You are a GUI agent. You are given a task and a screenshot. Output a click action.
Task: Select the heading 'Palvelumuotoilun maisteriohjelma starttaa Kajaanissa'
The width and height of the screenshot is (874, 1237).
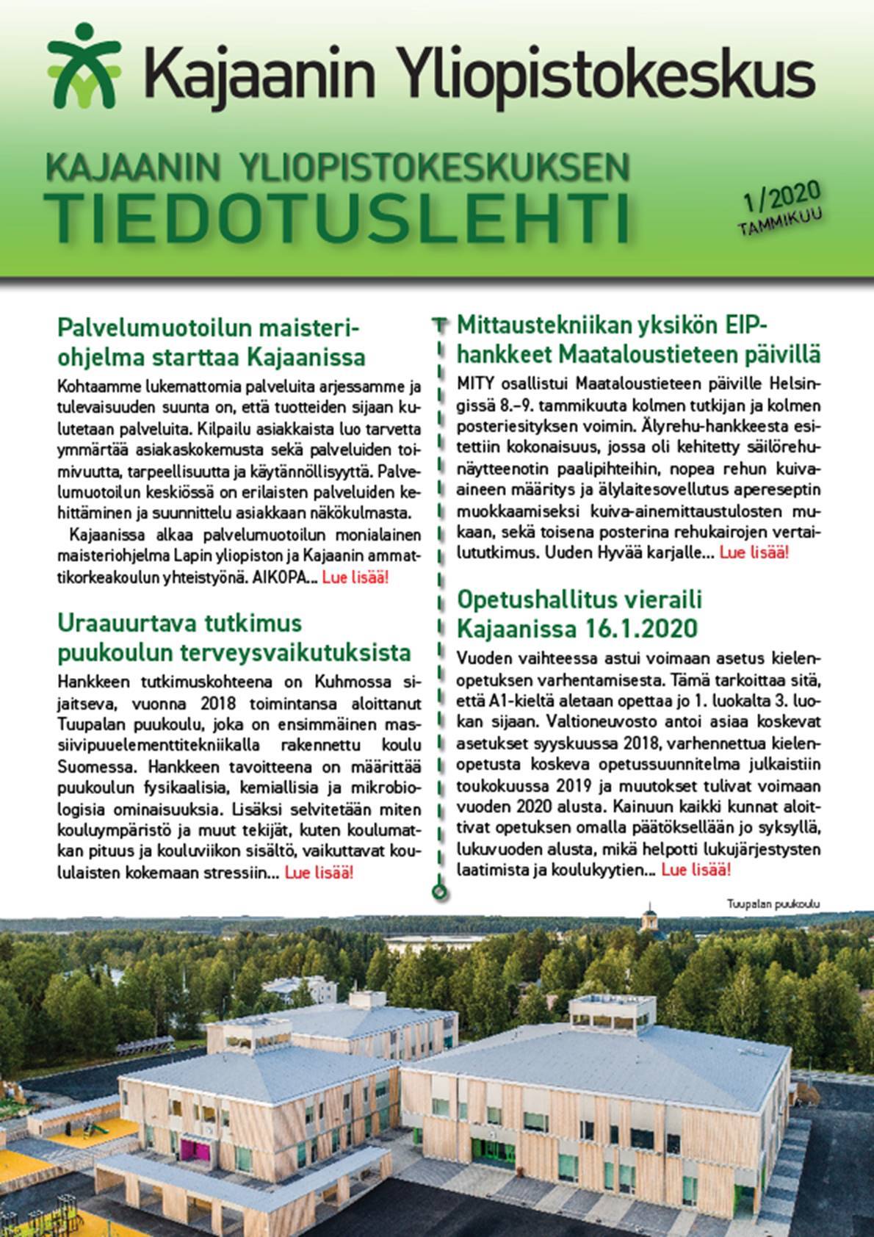click(211, 342)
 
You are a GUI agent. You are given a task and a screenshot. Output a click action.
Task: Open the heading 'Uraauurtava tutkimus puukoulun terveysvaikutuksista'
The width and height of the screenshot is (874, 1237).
click(233, 637)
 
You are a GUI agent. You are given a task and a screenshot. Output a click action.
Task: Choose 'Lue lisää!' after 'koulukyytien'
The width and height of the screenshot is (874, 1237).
click(696, 870)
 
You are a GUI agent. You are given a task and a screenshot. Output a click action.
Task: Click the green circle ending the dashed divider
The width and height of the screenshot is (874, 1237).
click(439, 892)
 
